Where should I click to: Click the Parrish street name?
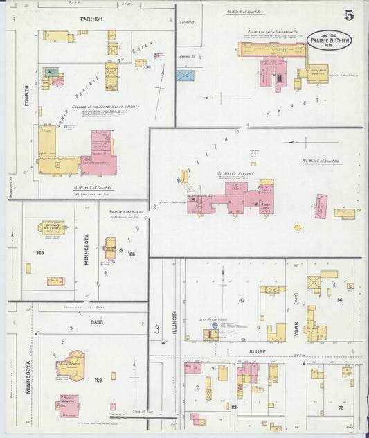(91, 19)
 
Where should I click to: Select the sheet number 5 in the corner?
(350, 17)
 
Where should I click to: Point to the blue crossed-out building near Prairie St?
(185, 74)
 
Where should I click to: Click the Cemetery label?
(188, 22)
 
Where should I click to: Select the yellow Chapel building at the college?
(48, 142)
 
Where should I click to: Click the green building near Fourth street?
(51, 71)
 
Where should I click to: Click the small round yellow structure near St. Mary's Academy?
(298, 227)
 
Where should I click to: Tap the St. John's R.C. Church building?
(53, 227)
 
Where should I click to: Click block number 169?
(40, 253)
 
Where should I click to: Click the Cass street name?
(97, 322)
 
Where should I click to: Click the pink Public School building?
(69, 405)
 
